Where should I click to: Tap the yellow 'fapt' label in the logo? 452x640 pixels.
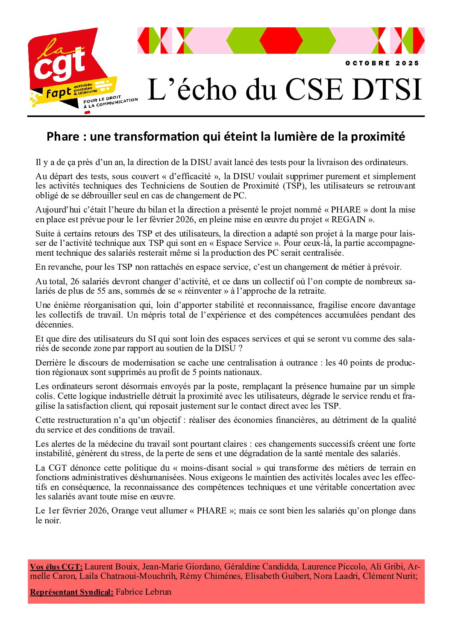tap(59, 92)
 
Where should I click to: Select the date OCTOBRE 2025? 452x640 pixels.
tap(382, 63)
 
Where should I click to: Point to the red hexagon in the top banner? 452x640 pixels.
tap(281, 40)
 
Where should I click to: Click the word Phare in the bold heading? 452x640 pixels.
tap(63, 136)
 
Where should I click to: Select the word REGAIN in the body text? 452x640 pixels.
tap(349, 220)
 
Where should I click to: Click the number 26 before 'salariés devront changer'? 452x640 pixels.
tap(75, 281)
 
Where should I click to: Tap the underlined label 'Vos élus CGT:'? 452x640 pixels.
tap(56, 567)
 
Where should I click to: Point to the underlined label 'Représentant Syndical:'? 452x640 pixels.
tap(71, 592)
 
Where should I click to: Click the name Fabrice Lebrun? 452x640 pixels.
tap(144, 592)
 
